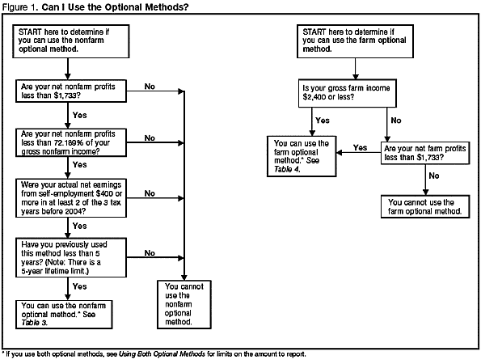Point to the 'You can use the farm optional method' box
pos(299,155)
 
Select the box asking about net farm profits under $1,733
pos(424,154)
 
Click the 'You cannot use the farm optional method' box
pos(424,205)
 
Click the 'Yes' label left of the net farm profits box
pos(360,148)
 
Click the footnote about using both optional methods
pos(184,354)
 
